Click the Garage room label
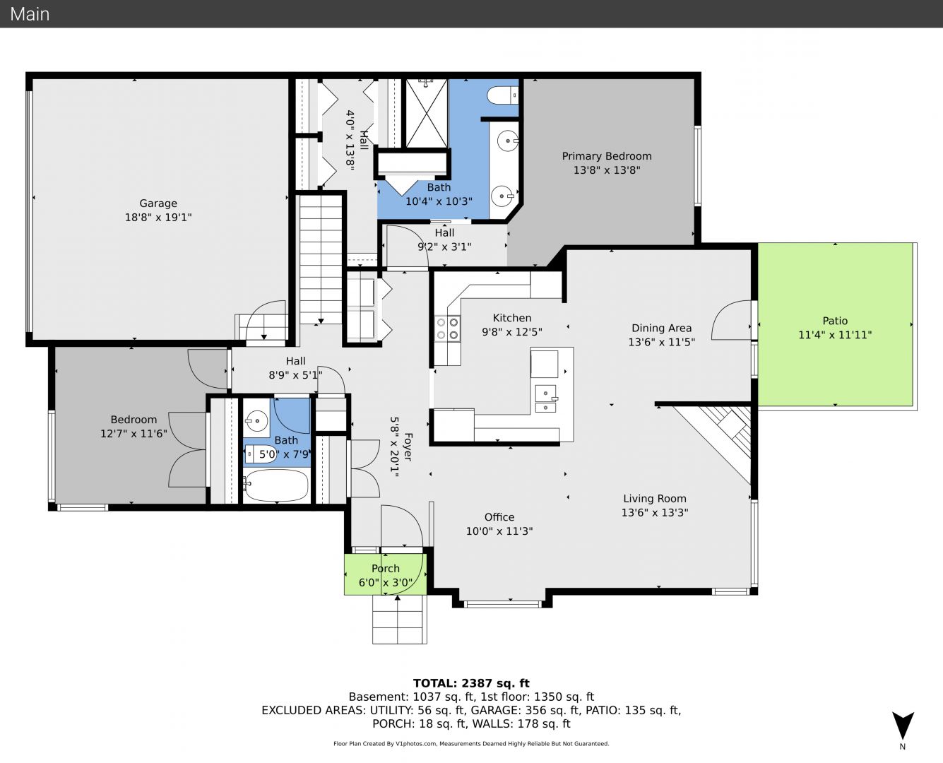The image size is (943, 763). [158, 203]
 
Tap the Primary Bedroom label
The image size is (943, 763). [607, 156]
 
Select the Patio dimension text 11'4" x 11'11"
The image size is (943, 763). [834, 335]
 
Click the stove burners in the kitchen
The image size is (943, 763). [447, 329]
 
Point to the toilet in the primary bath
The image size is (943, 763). [502, 95]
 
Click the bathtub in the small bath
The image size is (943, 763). [275, 485]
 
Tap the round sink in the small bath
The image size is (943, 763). [256, 420]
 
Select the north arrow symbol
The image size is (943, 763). [903, 724]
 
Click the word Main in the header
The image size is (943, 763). [30, 14]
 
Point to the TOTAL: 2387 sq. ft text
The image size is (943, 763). [471, 683]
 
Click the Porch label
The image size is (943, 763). [385, 568]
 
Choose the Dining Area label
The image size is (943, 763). [661, 328]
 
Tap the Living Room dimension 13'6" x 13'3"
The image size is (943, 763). [654, 512]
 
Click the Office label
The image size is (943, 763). [499, 516]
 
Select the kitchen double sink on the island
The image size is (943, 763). [546, 398]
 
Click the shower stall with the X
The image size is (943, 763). [427, 113]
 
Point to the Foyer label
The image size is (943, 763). [408, 446]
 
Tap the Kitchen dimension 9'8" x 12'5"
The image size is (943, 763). [512, 331]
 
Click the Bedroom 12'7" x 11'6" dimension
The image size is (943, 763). [134, 433]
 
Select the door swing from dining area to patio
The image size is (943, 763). [730, 320]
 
